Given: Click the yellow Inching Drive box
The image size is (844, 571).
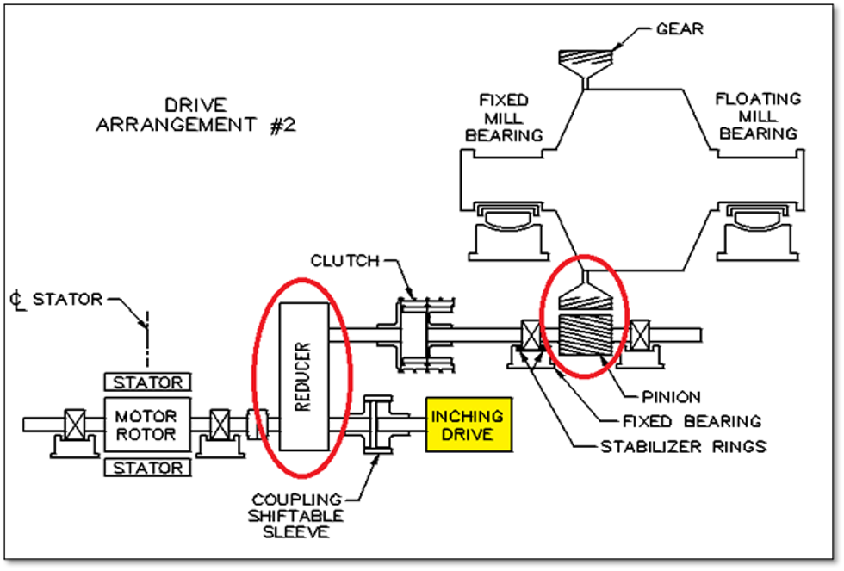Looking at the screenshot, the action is tap(469, 425).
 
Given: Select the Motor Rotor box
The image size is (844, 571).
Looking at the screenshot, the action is tap(147, 425).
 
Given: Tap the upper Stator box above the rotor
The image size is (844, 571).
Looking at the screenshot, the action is tap(147, 382).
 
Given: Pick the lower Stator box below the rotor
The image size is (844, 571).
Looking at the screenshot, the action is tap(147, 467).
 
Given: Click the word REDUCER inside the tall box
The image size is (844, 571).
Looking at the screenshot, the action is tap(303, 376).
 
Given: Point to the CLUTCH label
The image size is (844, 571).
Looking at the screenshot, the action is tap(345, 261).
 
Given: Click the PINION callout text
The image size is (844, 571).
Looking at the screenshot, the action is tap(671, 397).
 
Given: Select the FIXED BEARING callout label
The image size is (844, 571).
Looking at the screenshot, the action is tap(692, 421).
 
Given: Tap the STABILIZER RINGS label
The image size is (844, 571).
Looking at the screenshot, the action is tap(684, 446).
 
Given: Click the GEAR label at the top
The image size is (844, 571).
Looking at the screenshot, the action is tap(680, 28).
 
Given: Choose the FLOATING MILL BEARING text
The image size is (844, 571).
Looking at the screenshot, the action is tap(758, 115).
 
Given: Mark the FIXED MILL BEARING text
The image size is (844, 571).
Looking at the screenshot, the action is tap(504, 117).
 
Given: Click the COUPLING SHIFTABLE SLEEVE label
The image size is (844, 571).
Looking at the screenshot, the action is tap(295, 516).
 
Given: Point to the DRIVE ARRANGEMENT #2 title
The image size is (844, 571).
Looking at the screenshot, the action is tap(196, 115).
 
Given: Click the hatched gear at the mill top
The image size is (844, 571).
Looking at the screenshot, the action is tap(586, 59).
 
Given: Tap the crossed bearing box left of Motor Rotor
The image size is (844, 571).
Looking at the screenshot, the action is tap(75, 425).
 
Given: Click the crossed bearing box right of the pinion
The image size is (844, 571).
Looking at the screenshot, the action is tap(639, 335).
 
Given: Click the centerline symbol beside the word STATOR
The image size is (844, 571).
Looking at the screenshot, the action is tap(17, 300).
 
